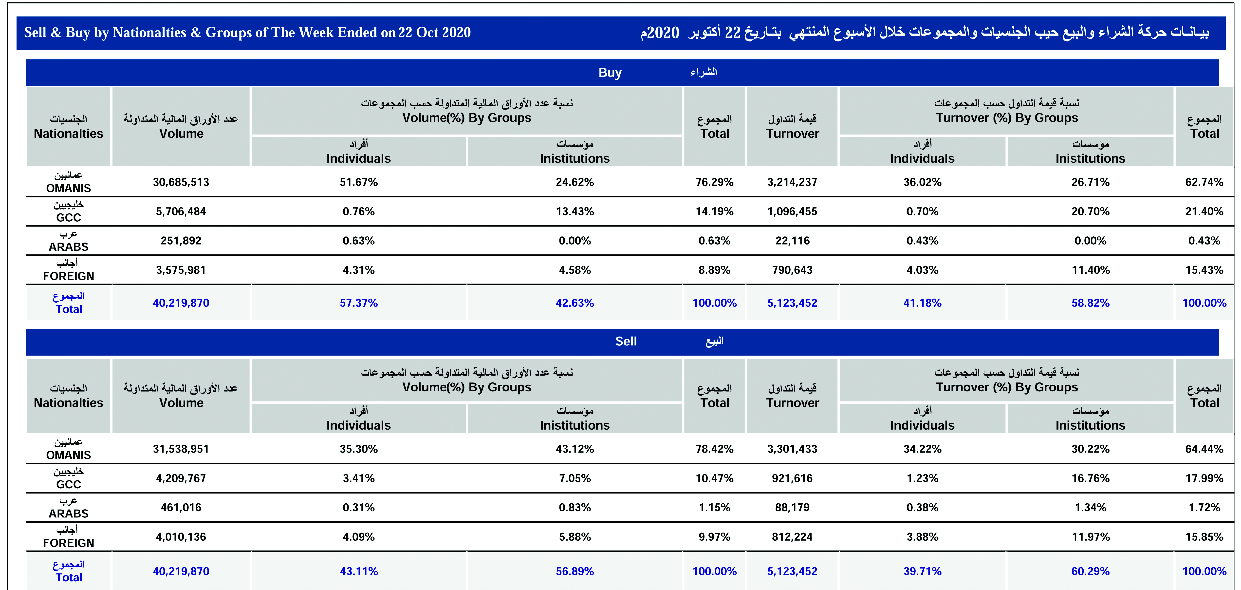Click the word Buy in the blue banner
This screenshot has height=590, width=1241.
(x=610, y=73)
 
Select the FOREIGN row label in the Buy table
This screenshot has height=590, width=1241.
(x=68, y=276)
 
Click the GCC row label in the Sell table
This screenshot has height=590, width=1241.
(x=68, y=484)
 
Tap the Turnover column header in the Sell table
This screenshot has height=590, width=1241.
(x=793, y=403)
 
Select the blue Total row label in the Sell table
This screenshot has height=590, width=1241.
(x=68, y=577)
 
